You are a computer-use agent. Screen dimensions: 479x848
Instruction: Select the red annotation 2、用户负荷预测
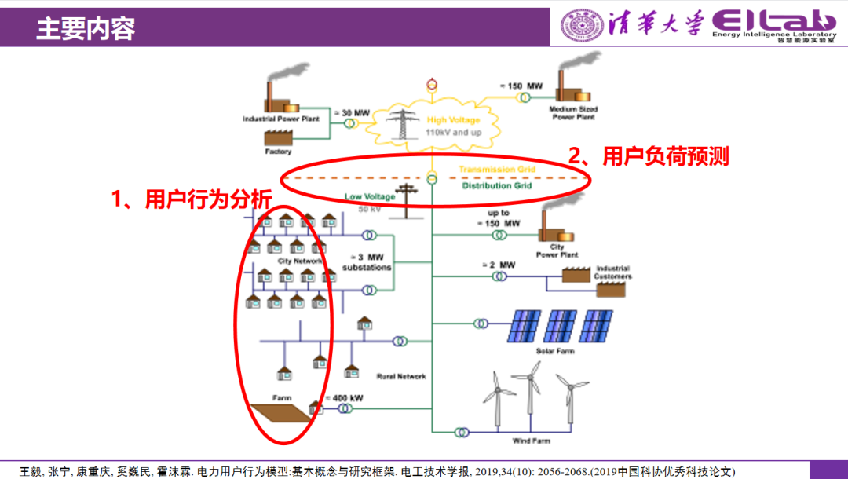pyautogui.click(x=649, y=156)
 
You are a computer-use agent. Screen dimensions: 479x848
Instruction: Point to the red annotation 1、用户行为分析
pyautogui.click(x=191, y=199)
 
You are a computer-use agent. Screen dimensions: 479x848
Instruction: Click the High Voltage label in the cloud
pyautogui.click(x=453, y=121)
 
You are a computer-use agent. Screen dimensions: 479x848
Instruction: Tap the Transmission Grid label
pyautogui.click(x=498, y=170)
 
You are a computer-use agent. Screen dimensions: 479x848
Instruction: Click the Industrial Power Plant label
pyautogui.click(x=282, y=119)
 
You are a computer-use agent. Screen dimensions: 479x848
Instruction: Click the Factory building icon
pyautogui.click(x=279, y=138)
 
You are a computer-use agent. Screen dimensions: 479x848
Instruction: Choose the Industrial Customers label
pyautogui.click(x=612, y=272)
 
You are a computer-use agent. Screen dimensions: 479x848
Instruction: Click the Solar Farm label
pyautogui.click(x=555, y=351)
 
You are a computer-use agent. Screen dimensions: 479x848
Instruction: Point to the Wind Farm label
pyautogui.click(x=532, y=441)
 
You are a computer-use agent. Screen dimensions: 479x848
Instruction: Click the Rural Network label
pyautogui.click(x=401, y=377)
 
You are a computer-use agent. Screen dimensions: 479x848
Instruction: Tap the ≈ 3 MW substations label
pyautogui.click(x=367, y=262)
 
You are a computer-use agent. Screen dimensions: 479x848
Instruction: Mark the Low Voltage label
pyautogui.click(x=370, y=197)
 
